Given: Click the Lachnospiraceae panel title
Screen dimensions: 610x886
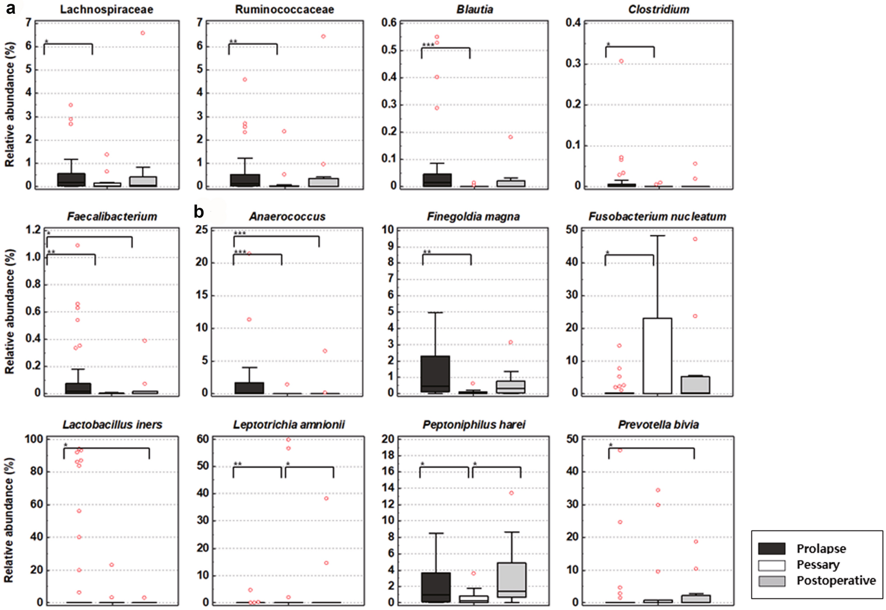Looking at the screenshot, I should pos(106,9).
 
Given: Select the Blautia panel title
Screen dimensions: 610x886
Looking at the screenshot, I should pos(475,9).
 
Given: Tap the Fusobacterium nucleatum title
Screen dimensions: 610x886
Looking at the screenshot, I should pos(657,216).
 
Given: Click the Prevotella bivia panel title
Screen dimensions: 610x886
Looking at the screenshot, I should pos(658,425).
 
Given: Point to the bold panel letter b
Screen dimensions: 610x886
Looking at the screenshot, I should pos(199,212).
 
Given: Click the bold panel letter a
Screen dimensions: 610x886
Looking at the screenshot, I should pos(10,8).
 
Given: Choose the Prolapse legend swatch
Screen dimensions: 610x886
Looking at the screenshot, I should pos(771,549).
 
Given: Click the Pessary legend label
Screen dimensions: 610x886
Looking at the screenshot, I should pos(818,565).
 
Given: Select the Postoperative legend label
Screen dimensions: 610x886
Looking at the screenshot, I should pos(836,580).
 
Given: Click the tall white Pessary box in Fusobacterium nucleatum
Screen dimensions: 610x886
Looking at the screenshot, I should pos(657,355).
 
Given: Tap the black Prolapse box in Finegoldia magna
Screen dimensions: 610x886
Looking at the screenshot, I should pos(435,373).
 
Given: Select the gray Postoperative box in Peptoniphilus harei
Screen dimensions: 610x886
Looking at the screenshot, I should pos(511,580).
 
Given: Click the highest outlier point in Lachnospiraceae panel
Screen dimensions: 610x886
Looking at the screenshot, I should pos(143,33).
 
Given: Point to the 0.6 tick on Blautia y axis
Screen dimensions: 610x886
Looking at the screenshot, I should pos(389,23).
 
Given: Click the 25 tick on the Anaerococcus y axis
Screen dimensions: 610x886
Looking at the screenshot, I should pos(202,230).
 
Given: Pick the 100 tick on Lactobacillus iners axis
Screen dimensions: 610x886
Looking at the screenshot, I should pos(34,439).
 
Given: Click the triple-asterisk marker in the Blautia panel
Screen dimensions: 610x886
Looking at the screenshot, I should pos(428,45).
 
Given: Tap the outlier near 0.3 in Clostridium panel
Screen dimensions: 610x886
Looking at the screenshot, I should pos(621,61).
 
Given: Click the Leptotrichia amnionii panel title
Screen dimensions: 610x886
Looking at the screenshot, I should pos(289,425).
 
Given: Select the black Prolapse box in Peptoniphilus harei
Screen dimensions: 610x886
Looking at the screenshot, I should pos(436,587).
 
